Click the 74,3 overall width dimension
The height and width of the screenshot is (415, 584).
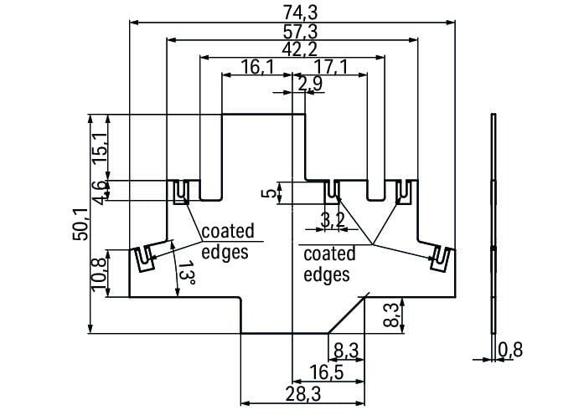292,12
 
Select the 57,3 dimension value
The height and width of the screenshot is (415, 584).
292,31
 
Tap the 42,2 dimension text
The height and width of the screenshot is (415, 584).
292,49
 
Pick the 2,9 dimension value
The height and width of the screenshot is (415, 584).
309,83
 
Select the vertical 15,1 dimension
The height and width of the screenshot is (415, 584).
99,147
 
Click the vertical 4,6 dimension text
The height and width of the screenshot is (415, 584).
99,192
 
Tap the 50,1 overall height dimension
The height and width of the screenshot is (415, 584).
80,224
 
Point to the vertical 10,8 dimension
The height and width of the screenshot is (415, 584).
99,273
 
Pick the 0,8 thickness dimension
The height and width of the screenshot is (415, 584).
510,350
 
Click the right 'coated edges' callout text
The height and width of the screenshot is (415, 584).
328,264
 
